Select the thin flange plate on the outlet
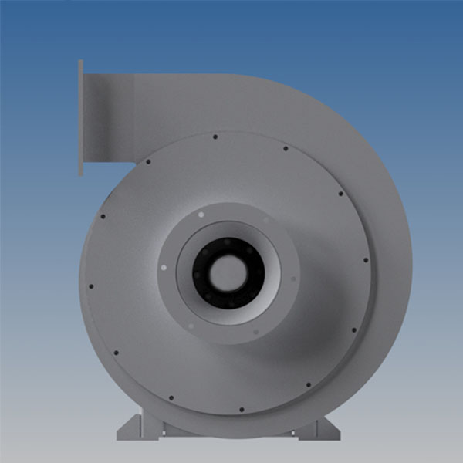coord(80,119)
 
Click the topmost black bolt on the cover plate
coord(215,137)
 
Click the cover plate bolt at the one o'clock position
coord(285,149)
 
